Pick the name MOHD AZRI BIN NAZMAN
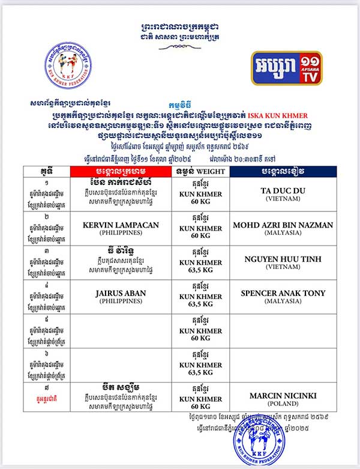point(283,225)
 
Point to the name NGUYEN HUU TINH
point(283,259)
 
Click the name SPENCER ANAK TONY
point(283,293)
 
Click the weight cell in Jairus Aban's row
point(201,296)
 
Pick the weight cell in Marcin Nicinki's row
point(201,398)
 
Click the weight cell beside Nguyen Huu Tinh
point(201,262)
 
